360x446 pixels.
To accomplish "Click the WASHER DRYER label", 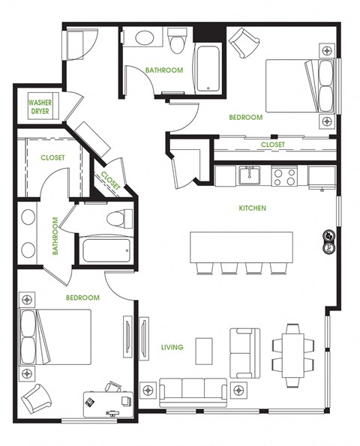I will pos(40,107).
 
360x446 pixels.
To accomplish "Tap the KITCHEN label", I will pos(253,208).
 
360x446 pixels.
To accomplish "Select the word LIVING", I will pos(172,346).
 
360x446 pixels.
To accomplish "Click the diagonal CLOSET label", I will pos(110,180).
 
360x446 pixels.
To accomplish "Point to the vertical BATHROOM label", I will pos(55,237).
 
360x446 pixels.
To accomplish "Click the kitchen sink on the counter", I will pos(249,175).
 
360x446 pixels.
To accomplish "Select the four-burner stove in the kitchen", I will pos(285,176).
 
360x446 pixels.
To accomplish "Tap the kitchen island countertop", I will pos(241,245).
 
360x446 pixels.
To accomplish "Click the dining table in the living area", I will pos(292,349).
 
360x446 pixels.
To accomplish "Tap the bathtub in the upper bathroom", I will pos(206,69).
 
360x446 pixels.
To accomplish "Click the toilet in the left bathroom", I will pos(118,219).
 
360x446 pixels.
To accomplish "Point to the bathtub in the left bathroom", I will pos(106,250).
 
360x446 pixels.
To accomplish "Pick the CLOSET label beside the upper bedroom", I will pos(272,145).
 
